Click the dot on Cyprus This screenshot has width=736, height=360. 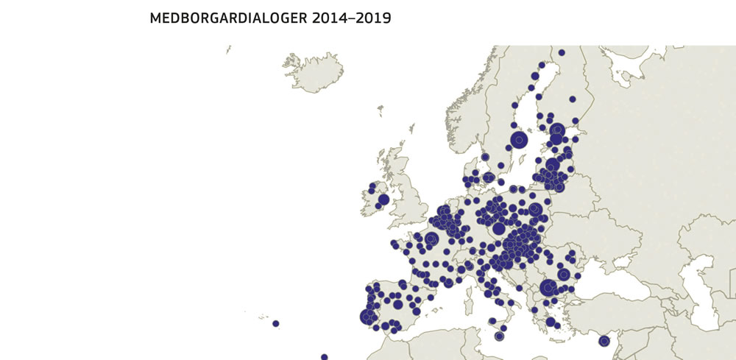click(x=604, y=341)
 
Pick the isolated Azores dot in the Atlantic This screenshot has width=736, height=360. click(x=275, y=323)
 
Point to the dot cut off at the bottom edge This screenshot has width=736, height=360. click(x=324, y=357)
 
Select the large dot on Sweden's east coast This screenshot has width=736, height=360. click(x=520, y=140)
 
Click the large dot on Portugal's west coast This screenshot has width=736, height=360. click(x=368, y=317)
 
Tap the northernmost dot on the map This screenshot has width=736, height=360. click(x=562, y=52)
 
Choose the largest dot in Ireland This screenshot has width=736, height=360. click(x=383, y=200)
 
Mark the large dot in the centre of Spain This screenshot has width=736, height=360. click(x=398, y=304)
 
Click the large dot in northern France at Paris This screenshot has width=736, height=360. click(x=431, y=239)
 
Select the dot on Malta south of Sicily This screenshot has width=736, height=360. click(x=499, y=336)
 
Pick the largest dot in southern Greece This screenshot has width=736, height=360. click(x=551, y=322)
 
